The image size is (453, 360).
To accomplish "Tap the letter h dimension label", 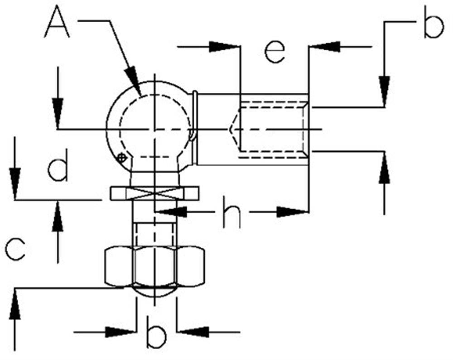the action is [x=231, y=213].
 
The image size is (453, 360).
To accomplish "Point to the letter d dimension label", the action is [x=58, y=165].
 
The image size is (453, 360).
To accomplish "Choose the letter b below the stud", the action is [x=156, y=332].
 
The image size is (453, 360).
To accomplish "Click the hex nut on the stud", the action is [x=154, y=266].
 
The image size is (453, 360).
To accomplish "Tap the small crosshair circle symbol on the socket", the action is [x=122, y=158].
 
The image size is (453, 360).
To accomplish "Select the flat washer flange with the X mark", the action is [x=154, y=193].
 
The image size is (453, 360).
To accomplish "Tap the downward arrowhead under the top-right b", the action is [x=384, y=91].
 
